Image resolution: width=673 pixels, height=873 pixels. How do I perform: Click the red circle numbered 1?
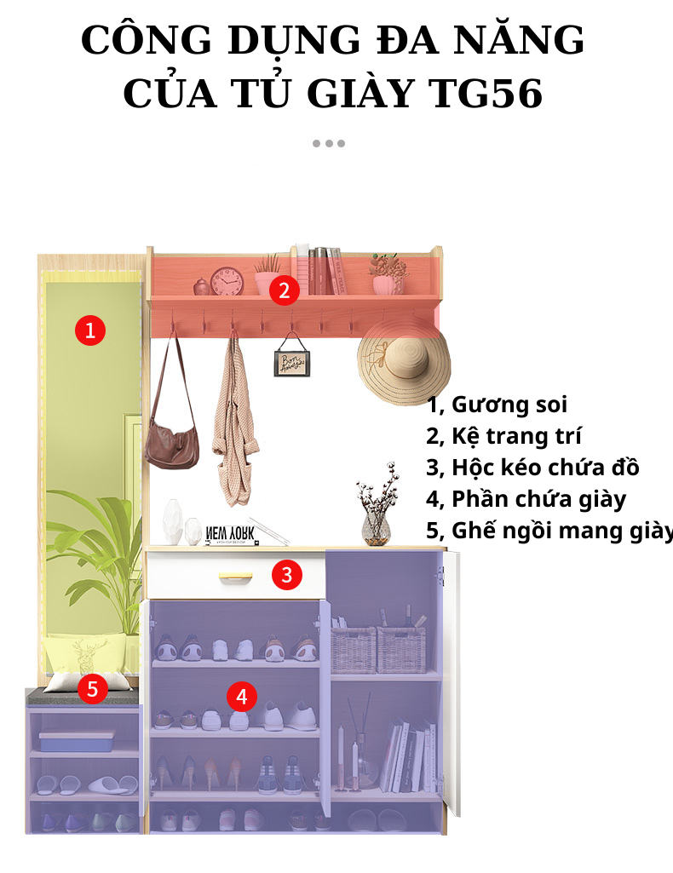[x=90, y=330]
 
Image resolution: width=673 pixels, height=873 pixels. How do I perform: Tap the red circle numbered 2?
[x=285, y=290]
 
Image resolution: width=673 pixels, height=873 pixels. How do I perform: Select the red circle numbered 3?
[x=286, y=575]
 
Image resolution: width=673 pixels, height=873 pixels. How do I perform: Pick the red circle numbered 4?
[x=242, y=698]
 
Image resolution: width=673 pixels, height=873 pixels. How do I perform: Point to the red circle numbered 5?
[x=93, y=687]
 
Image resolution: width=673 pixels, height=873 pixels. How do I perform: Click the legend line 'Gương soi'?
[x=497, y=405]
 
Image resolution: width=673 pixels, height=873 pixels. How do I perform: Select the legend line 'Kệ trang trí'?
[x=503, y=436]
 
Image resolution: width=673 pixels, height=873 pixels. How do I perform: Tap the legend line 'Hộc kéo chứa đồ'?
[x=532, y=468]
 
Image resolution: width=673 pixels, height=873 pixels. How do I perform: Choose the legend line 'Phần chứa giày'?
[x=526, y=499]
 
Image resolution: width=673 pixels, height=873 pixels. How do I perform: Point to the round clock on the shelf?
[x=227, y=281]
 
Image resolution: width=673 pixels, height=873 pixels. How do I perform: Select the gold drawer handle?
[x=235, y=578]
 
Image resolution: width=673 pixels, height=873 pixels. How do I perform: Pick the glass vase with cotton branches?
[x=376, y=514]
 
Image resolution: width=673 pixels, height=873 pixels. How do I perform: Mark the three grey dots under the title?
[x=328, y=143]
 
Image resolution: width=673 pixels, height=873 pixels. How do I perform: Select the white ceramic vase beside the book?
[x=174, y=522]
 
